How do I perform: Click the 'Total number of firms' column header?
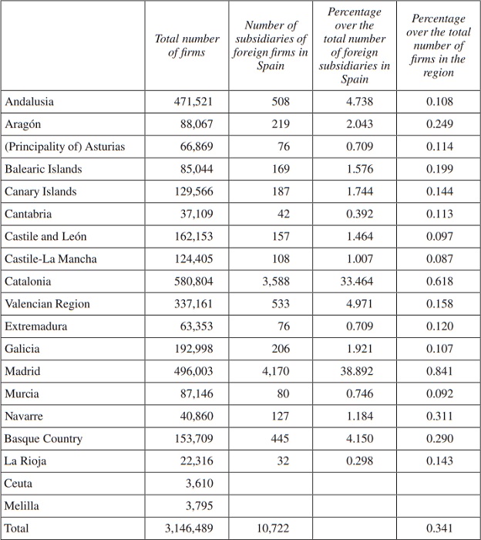click(x=187, y=46)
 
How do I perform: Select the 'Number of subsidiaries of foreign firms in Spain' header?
click(x=270, y=46)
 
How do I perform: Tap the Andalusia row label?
click(x=29, y=102)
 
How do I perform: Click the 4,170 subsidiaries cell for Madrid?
click(x=276, y=371)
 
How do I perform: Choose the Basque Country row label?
click(x=43, y=439)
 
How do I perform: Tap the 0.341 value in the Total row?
click(x=439, y=528)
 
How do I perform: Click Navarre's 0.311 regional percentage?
click(x=439, y=417)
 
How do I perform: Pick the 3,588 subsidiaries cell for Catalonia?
click(x=276, y=282)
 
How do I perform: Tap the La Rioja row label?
click(x=25, y=461)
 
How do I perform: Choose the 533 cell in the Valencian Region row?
click(x=281, y=304)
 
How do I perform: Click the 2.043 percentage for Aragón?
click(x=360, y=124)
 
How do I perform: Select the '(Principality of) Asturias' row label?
click(x=65, y=147)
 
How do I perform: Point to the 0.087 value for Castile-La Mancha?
click(x=439, y=259)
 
